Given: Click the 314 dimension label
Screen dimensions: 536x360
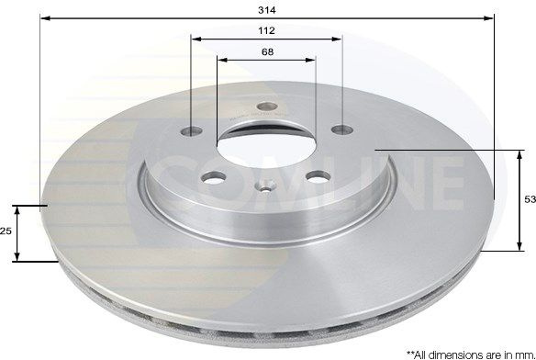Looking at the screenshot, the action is (267, 10).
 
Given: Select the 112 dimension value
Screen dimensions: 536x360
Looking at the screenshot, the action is (267, 31).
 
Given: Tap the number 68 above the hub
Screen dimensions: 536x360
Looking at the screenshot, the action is (267, 52).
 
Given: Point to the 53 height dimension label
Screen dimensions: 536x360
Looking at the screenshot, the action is (530, 199).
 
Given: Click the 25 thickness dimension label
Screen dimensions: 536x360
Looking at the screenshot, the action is (6, 231).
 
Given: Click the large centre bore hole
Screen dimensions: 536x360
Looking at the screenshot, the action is (266, 144).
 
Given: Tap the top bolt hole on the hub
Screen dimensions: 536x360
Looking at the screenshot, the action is (267, 107).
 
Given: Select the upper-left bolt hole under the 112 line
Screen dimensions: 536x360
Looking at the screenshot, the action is (192, 130).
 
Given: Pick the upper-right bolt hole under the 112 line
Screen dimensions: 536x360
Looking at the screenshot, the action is (342, 129).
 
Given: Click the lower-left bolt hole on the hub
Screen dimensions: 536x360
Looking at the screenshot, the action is (214, 177).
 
